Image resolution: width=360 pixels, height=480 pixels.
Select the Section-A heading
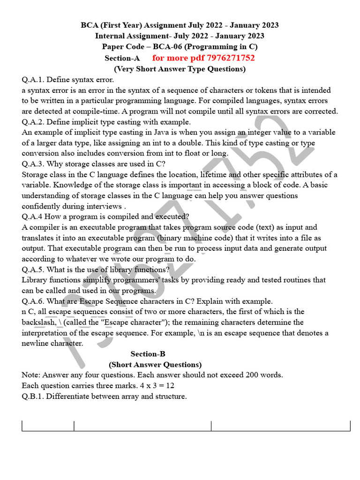click(x=122, y=58)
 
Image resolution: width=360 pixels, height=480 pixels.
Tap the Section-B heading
click(x=148, y=354)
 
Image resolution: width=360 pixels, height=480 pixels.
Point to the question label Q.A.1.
click(x=33, y=80)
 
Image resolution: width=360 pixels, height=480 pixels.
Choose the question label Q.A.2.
click(x=33, y=122)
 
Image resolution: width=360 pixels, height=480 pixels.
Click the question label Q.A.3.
click(x=33, y=164)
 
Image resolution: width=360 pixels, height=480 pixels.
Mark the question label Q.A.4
click(x=32, y=217)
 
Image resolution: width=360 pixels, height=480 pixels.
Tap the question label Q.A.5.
click(x=33, y=270)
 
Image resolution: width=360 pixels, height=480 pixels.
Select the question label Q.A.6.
click(x=33, y=301)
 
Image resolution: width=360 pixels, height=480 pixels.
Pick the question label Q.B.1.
click(x=33, y=396)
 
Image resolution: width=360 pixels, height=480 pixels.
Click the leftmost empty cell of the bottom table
click(x=48, y=426)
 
